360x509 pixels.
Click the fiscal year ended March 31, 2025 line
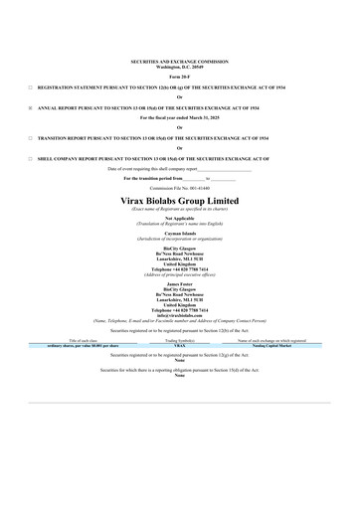pyautogui.click(x=180, y=116)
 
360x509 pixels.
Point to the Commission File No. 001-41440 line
pyautogui.click(x=180, y=187)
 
